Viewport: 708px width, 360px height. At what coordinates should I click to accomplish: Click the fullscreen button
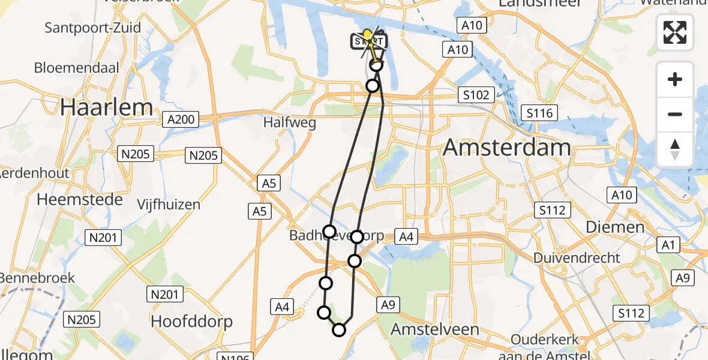click(x=675, y=32)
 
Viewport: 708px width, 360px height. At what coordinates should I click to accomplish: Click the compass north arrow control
click(x=675, y=149)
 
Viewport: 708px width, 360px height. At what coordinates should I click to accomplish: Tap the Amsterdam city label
click(x=507, y=148)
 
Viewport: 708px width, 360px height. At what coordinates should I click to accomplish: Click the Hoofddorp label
click(x=191, y=322)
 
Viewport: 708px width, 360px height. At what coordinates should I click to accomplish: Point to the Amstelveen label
click(x=435, y=329)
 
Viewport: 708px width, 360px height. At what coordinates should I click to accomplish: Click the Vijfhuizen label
click(x=168, y=205)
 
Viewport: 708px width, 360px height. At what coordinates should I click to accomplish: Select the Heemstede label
click(x=80, y=199)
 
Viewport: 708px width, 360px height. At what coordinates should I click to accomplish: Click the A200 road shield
click(x=181, y=119)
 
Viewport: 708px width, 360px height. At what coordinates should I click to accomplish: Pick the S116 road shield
click(x=539, y=112)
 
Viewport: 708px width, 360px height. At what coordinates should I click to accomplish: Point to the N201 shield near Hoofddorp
click(x=164, y=294)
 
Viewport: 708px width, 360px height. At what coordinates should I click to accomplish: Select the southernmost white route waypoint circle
click(x=339, y=329)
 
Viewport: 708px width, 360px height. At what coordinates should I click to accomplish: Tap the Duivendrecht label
click(x=579, y=258)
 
